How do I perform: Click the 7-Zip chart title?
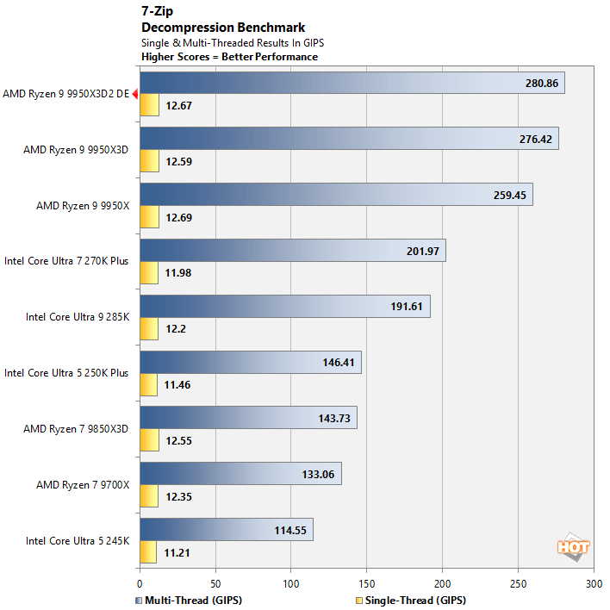point(157,12)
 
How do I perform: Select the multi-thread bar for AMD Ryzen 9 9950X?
point(335,195)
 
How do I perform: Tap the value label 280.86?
point(541,84)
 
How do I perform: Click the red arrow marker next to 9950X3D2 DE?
point(134,95)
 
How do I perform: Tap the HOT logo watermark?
point(573,545)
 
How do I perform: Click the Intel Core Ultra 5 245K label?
point(78,541)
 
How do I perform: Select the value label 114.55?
point(289,530)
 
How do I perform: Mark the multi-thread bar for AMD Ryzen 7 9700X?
point(240,474)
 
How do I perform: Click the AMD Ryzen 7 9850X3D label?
point(76,429)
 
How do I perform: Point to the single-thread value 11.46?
point(179,385)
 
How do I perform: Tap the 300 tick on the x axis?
point(593,583)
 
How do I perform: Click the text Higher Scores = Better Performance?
point(229,57)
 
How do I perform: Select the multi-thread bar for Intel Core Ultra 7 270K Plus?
point(292,251)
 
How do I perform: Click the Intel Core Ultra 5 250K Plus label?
point(66,373)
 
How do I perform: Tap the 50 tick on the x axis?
point(215,583)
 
